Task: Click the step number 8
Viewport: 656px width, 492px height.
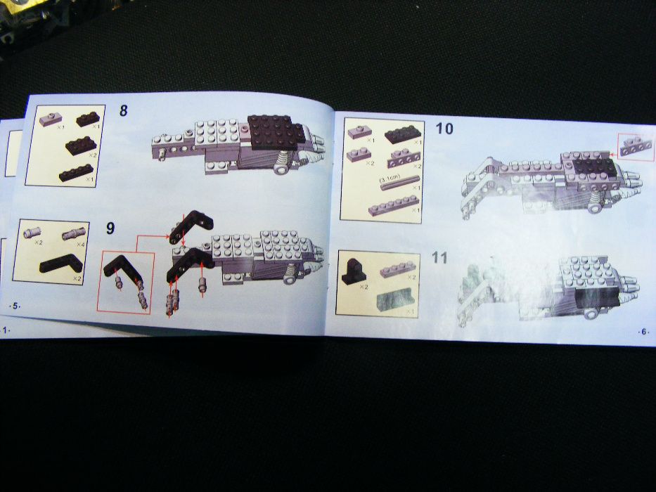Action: pos(123,111)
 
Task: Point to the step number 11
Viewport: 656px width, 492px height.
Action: pos(439,258)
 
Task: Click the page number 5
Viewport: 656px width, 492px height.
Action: pos(12,306)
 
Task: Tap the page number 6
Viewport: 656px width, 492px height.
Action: pos(643,330)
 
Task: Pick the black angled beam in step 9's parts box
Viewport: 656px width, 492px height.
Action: pos(61,266)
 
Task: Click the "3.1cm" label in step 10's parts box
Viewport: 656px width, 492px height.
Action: pos(390,179)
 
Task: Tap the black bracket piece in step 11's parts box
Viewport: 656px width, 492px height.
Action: pos(353,269)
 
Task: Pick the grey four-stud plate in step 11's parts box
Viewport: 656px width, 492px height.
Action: pos(397,270)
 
